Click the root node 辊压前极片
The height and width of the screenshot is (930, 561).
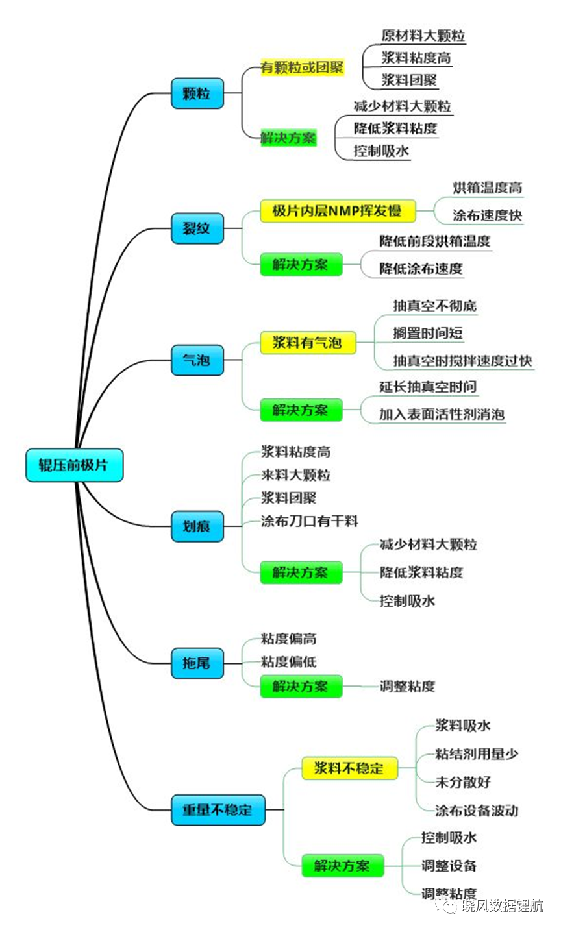pyautogui.click(x=74, y=465)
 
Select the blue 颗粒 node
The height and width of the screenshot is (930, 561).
pyautogui.click(x=197, y=93)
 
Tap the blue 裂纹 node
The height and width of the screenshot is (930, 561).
pyautogui.click(x=197, y=228)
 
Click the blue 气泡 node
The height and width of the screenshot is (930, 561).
pyautogui.click(x=197, y=360)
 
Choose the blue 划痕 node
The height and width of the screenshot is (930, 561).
pyautogui.click(x=197, y=526)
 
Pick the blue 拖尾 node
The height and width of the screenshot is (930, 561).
pyautogui.click(x=197, y=663)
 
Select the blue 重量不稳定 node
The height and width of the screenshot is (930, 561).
pyautogui.click(x=218, y=809)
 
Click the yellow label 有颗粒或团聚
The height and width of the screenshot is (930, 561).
pyautogui.click(x=302, y=67)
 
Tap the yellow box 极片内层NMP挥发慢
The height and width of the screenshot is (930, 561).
pyautogui.click(x=338, y=211)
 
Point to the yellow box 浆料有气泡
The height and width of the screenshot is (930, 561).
pyautogui.click(x=308, y=343)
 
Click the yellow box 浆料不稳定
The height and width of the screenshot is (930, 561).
pyautogui.click(x=349, y=768)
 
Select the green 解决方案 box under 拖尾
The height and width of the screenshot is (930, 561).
pyautogui.click(x=301, y=686)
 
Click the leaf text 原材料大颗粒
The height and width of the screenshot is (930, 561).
pyautogui.click(x=423, y=35)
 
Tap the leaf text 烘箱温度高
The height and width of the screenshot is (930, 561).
pyautogui.click(x=488, y=188)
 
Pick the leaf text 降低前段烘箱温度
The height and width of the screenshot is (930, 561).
pyautogui.click(x=435, y=241)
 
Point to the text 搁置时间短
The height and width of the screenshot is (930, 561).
pyautogui.click(x=428, y=333)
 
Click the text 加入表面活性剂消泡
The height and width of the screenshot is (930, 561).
pyautogui.click(x=442, y=414)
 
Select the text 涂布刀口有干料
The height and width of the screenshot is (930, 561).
pyautogui.click(x=309, y=521)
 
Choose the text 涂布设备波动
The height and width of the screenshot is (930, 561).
pyautogui.click(x=477, y=810)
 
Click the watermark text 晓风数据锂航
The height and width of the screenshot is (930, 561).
pyautogui.click(x=502, y=905)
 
